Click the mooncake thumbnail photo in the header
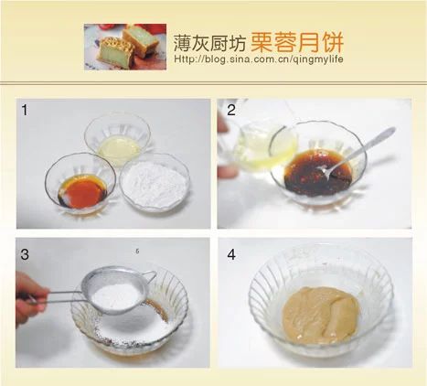125,47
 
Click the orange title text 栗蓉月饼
297,43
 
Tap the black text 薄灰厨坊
209,43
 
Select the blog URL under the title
259,59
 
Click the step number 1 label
25,110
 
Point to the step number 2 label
231,110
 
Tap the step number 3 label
25,254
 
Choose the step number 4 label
231,254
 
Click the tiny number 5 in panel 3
137,252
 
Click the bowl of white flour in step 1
155,183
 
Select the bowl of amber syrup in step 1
80,183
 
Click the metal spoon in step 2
357,152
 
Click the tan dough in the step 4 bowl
321,314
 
